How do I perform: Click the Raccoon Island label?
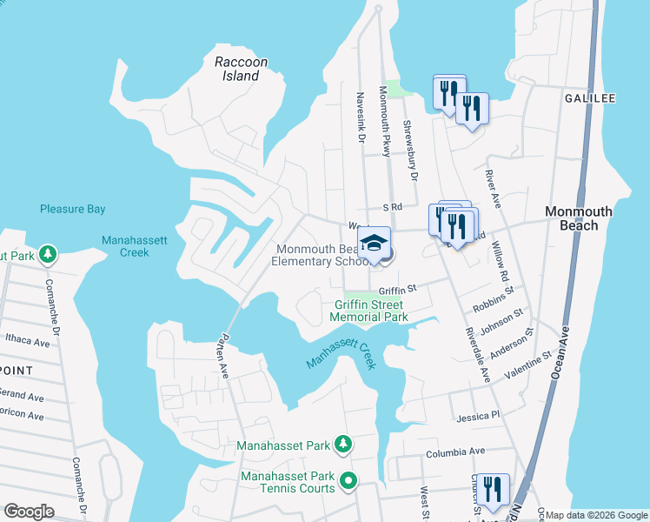coord(241,69)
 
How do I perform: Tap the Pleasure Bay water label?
coord(72,209)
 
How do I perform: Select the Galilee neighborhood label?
coord(589,98)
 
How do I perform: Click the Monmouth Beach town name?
coord(579,218)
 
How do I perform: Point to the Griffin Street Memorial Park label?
coord(368,311)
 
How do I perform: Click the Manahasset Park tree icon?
coord(343,445)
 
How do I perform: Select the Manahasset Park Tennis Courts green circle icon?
coord(348,480)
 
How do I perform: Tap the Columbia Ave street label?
coord(454,452)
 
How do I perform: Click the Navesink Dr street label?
coord(359,118)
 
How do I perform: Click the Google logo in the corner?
coord(29,512)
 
